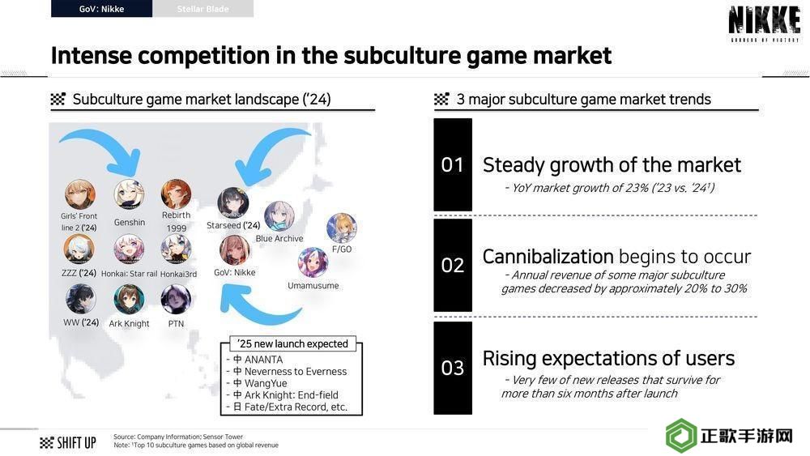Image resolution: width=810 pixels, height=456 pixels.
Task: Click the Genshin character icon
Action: tap(129, 194)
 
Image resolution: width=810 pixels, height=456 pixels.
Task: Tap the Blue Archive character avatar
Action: tap(279, 216)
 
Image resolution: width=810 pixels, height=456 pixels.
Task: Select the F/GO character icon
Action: tap(342, 228)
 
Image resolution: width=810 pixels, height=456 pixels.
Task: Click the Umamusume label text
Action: tap(313, 286)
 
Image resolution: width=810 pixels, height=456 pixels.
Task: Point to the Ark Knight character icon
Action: tap(129, 299)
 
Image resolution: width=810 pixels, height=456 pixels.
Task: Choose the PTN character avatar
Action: tap(176, 299)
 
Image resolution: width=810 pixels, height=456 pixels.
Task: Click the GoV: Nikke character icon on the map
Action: tap(235, 250)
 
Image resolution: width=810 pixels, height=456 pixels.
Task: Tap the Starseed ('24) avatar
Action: tap(233, 203)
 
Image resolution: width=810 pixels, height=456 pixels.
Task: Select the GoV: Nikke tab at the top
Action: tap(102, 9)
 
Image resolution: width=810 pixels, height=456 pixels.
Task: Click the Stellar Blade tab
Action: tap(203, 9)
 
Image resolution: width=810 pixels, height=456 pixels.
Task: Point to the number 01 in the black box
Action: tap(453, 164)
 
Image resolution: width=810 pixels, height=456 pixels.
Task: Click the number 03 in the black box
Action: tap(453, 368)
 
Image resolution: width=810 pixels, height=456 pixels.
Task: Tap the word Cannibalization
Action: tap(548, 256)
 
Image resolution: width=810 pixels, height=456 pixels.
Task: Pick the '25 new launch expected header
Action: tap(292, 344)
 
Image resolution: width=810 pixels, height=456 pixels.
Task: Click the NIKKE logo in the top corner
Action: tap(764, 23)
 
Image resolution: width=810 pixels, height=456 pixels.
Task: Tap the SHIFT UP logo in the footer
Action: tap(68, 442)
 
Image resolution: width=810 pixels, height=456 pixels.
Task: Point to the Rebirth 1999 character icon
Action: tap(176, 194)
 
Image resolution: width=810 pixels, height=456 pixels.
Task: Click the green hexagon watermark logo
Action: tap(681, 435)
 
